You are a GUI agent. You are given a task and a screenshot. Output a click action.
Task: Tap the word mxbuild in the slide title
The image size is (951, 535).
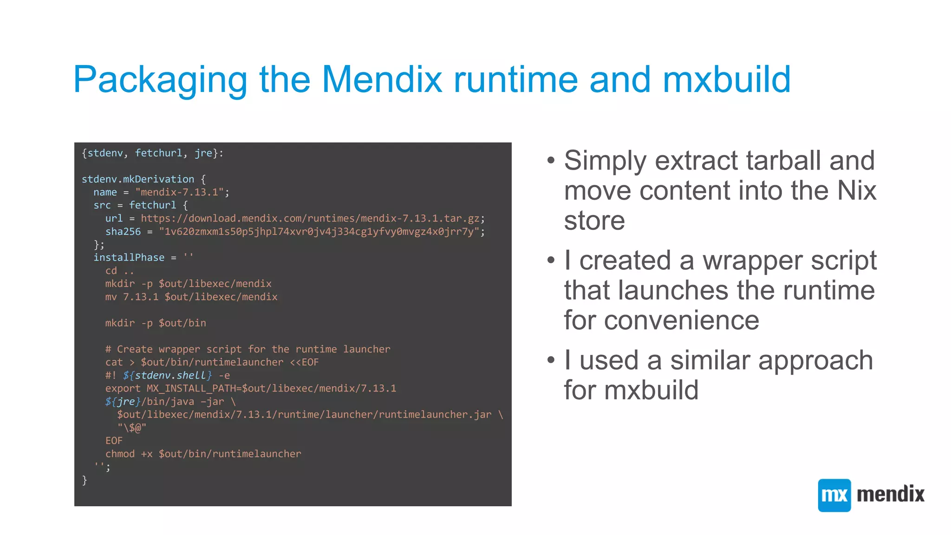pyautogui.click(x=727, y=79)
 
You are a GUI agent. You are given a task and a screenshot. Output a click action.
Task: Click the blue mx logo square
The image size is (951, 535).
pyautogui.click(x=834, y=495)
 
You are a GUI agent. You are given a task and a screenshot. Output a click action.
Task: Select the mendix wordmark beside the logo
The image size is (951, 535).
pyautogui.click(x=891, y=494)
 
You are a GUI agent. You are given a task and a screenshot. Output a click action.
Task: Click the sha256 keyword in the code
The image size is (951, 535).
pyautogui.click(x=123, y=232)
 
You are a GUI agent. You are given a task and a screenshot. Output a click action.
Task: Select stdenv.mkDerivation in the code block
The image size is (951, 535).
pyautogui.click(x=138, y=179)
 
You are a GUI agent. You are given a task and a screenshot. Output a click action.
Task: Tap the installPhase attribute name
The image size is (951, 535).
pyautogui.click(x=129, y=258)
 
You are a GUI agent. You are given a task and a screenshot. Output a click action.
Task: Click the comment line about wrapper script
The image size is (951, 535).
pyautogui.click(x=248, y=349)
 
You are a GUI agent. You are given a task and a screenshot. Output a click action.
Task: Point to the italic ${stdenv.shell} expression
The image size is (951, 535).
pyautogui.click(x=167, y=375)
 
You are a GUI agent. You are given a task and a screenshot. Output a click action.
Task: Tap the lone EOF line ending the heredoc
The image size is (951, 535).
pyautogui.click(x=114, y=441)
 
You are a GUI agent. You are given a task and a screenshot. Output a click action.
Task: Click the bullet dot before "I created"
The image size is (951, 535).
pyautogui.click(x=551, y=260)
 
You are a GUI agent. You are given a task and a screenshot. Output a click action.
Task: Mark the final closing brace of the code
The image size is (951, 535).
pyautogui.click(x=85, y=480)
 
